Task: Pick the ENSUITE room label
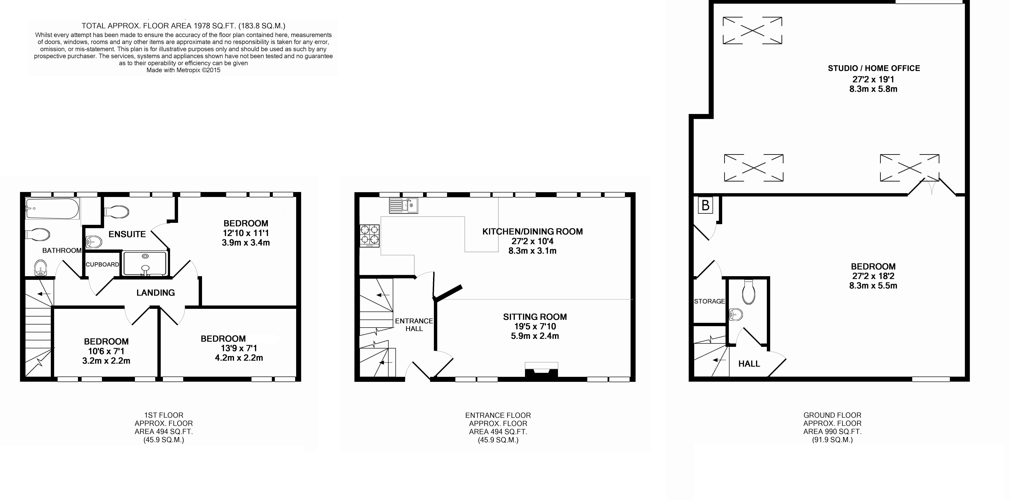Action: pos(127,234)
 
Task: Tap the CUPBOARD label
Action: pos(102,264)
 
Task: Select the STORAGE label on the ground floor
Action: pos(709,301)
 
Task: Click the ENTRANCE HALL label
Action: pos(414,324)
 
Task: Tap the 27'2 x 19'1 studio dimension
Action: pos(873,79)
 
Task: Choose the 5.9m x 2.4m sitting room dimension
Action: pos(535,336)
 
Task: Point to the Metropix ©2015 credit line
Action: pos(184,70)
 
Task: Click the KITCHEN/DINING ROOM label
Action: pos(532,231)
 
